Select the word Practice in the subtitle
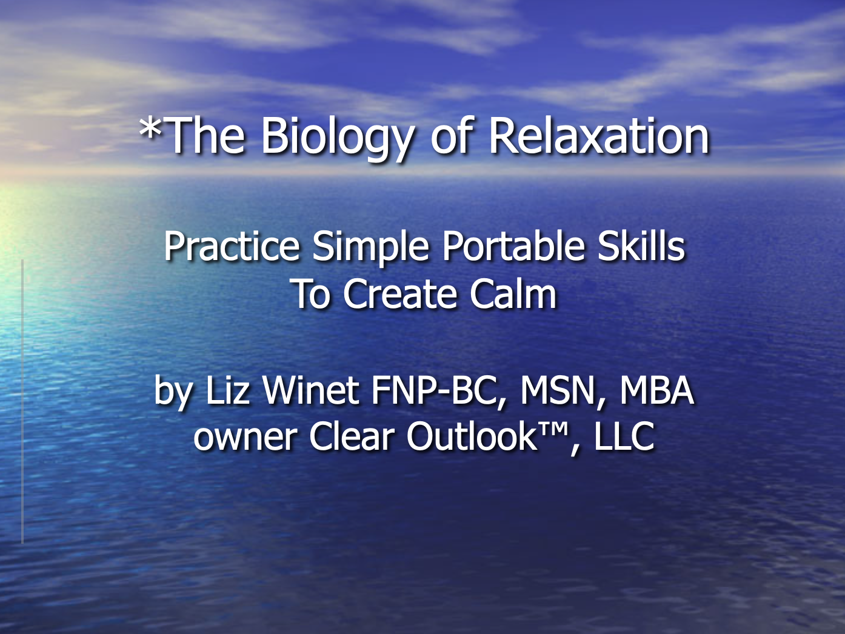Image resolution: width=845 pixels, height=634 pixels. pos(232,247)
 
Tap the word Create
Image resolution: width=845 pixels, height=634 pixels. pos(400,295)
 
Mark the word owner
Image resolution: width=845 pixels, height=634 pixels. pos(245,438)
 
